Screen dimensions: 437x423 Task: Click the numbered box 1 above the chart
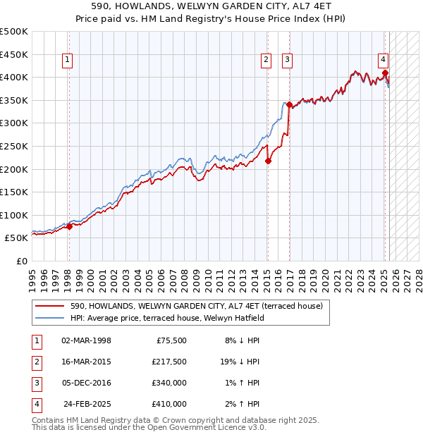(67, 61)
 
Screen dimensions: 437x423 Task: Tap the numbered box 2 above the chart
(266, 61)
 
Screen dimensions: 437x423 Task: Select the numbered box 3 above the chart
(288, 61)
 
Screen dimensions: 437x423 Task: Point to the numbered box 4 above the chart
(383, 60)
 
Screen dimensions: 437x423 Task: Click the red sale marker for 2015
(269, 161)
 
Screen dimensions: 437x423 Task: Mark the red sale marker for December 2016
(289, 104)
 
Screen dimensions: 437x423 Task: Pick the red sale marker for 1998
(69, 226)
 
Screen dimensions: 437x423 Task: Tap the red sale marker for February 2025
(385, 72)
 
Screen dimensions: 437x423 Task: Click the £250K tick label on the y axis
(14, 146)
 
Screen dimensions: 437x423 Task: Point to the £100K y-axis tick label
(14, 215)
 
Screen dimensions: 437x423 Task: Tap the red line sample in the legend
(49, 306)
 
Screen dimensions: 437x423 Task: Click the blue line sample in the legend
(49, 318)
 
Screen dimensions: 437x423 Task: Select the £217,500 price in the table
(169, 362)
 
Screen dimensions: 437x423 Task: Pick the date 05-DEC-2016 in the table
(86, 383)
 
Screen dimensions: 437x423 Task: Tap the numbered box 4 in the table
(35, 404)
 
